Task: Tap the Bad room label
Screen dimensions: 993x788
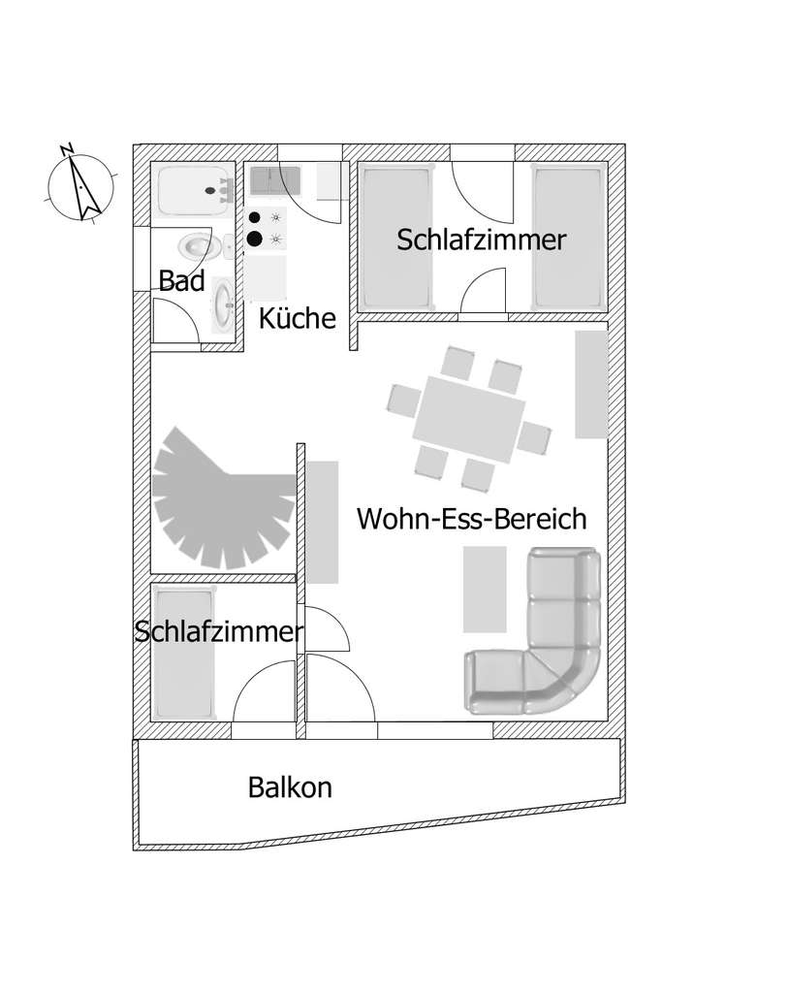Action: click(182, 281)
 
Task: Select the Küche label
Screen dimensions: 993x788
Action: click(297, 318)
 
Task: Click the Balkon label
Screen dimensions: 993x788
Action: click(290, 786)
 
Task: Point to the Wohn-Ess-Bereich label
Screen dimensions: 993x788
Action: click(472, 518)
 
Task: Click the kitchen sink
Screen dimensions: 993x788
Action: click(274, 180)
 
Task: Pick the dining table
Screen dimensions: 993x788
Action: click(470, 419)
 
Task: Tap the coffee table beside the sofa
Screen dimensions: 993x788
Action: click(486, 588)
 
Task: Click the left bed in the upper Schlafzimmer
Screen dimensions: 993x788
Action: click(395, 239)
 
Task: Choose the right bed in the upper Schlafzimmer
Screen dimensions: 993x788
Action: click(568, 239)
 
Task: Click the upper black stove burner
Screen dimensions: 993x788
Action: click(255, 218)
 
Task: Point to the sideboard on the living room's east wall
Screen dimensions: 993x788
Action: click(591, 384)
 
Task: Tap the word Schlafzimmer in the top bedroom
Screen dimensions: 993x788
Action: click(481, 240)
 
